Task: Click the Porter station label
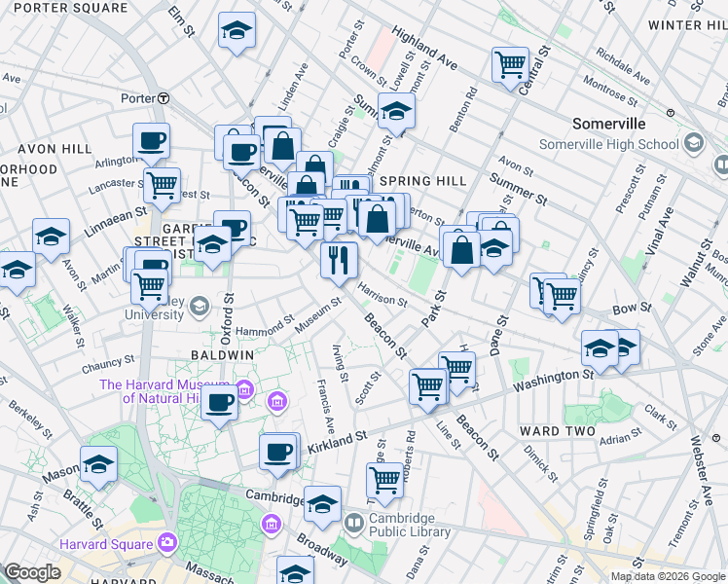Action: coord(138,98)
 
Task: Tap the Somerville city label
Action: coord(609,125)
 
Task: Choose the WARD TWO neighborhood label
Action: coord(552,431)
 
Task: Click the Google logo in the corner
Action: coord(31,572)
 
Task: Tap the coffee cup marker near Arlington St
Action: coord(151,140)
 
